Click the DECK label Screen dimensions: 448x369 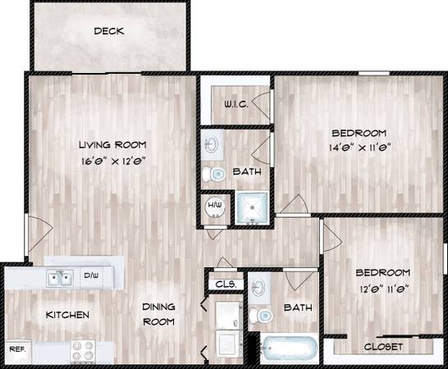109,31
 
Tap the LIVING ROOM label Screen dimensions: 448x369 112,145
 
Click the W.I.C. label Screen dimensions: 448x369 235,104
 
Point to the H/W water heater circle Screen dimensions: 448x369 215,206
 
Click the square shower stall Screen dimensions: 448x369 252,207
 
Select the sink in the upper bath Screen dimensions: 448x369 212,144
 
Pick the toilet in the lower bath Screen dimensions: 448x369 261,316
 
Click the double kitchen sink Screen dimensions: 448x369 60,278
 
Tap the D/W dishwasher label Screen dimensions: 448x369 91,276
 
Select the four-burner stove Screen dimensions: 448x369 83,352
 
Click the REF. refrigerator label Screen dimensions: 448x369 18,349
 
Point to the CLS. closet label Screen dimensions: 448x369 226,285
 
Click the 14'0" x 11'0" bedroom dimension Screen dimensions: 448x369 360,148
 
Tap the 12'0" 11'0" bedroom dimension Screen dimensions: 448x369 384,289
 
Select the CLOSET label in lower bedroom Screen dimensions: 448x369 383,347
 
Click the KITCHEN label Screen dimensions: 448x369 67,315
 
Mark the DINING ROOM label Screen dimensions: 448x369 159,314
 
